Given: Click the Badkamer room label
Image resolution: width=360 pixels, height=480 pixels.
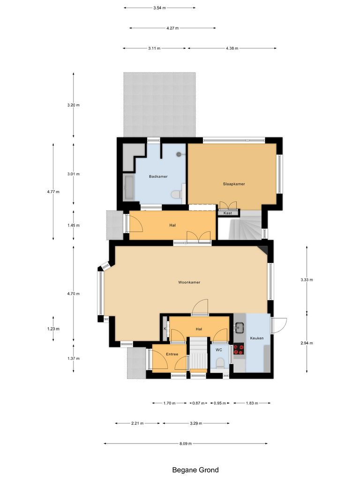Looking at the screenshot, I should coord(158,176).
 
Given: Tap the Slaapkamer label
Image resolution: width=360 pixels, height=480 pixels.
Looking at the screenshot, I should coord(234,184).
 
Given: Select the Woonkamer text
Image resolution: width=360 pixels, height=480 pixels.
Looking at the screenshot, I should coord(189,282).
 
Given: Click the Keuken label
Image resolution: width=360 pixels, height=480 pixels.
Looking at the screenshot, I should coord(257,337).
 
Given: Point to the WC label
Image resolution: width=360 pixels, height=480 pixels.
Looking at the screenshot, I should coord(219,350).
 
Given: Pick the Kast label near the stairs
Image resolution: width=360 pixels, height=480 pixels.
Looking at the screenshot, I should coord(228,213).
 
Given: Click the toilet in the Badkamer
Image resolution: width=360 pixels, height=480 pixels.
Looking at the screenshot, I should coord(176,194).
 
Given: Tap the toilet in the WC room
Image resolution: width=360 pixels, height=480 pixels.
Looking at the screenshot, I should coord(219,363).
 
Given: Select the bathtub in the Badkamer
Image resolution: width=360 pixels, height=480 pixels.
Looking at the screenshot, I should coord(129,188).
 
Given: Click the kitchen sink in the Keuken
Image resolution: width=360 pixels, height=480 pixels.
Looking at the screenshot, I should coord(239,327).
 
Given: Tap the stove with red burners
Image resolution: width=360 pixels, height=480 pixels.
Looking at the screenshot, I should coord(239,349).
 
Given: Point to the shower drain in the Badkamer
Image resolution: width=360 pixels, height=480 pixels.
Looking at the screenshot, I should coord(179,154).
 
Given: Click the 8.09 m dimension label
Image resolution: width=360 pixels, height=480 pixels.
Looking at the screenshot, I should coord(186,443).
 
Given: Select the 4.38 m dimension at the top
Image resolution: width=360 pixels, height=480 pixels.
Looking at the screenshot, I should coord(232,48).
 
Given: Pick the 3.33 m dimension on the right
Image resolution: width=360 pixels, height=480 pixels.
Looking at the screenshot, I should coord(307,279).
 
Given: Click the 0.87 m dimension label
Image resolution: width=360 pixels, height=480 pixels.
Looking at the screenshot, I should coord(199,403).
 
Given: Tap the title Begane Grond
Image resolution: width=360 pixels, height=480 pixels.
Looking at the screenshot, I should coord(195,470).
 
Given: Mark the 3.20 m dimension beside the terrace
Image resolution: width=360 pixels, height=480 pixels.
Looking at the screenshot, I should coord(74,105).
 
